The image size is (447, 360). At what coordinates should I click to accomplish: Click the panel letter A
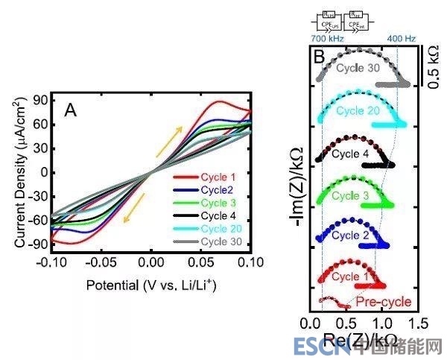click(x=71, y=110)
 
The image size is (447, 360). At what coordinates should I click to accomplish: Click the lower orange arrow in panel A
click(x=132, y=207)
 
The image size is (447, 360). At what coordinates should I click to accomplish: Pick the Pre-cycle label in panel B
click(x=384, y=302)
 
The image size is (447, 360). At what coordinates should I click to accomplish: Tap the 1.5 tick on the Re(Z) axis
click(x=417, y=324)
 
